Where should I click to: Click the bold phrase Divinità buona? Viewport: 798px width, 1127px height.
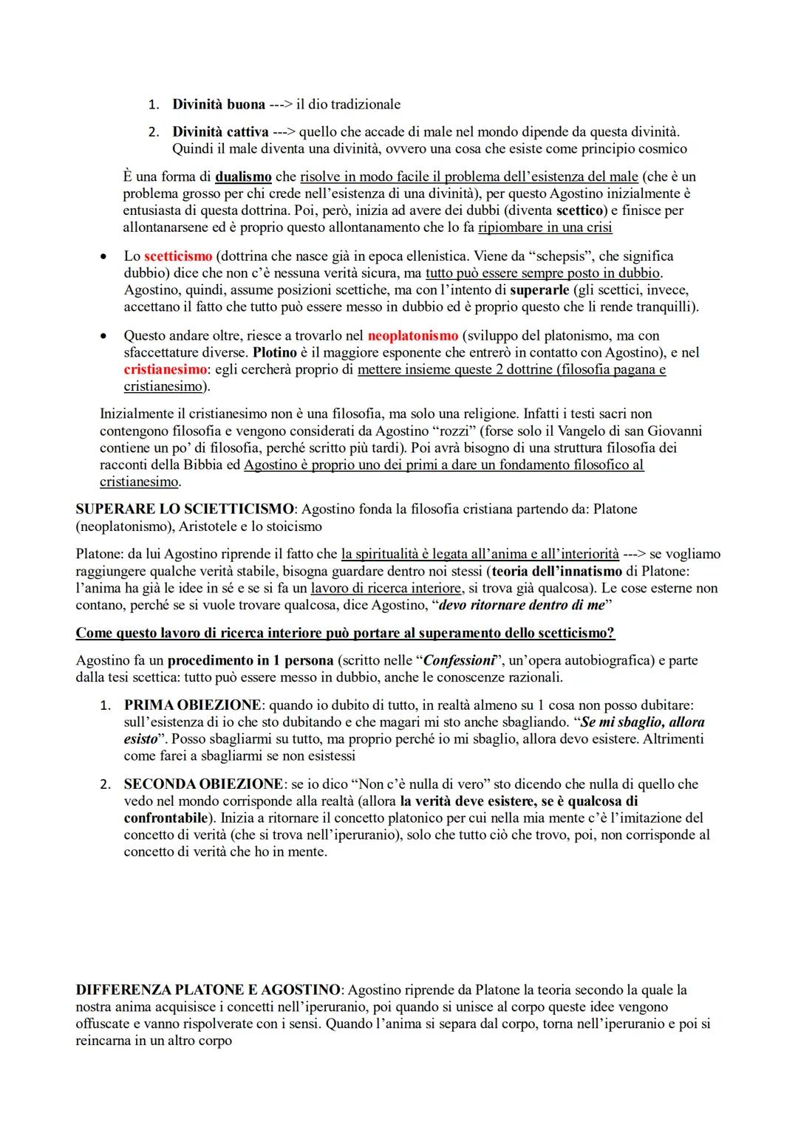(219, 104)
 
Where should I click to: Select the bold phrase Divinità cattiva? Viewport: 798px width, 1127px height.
(220, 132)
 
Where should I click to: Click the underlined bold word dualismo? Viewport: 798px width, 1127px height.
(243, 177)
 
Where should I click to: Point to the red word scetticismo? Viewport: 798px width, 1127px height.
(178, 256)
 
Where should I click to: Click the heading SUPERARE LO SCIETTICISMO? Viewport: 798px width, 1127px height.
(185, 510)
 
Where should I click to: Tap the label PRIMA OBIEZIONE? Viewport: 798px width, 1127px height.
(192, 705)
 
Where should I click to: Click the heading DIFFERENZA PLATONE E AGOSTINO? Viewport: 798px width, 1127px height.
(208, 990)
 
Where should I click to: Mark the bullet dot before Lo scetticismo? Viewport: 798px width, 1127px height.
(105, 257)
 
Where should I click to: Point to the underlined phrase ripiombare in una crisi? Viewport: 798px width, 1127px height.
(545, 227)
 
